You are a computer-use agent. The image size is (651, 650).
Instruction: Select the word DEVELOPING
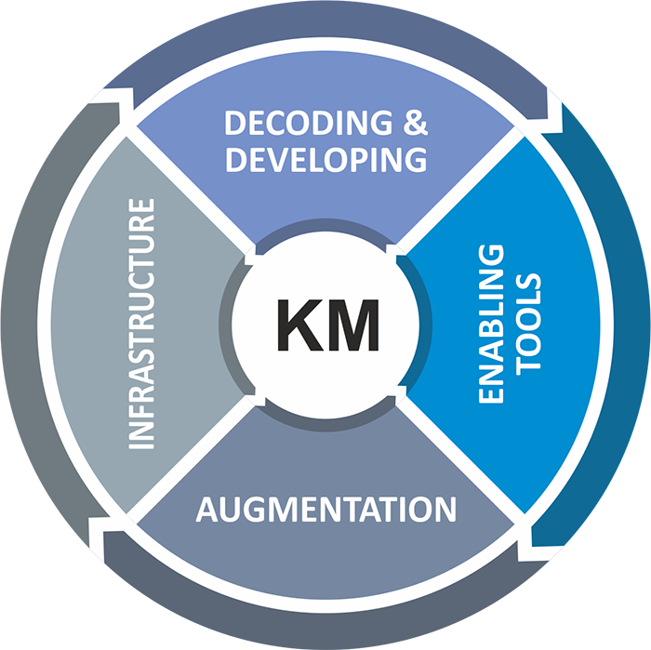325,159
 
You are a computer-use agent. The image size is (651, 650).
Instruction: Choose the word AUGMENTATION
325,510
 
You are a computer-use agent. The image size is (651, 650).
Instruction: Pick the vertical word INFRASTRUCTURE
140,324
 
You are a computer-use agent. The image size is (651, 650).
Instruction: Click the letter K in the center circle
296,325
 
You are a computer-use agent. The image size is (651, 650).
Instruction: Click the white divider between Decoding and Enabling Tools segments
456,195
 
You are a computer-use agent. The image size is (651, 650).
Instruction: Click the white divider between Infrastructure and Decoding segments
195,195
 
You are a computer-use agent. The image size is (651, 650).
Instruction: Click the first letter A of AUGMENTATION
206,510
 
